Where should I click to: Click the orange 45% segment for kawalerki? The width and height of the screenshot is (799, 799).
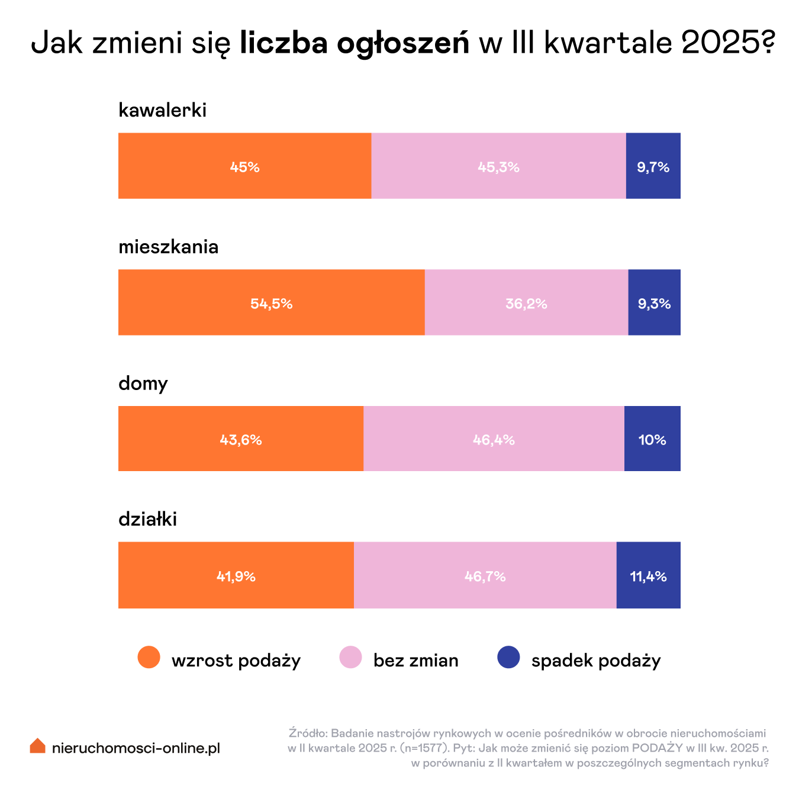pyautogui.click(x=244, y=166)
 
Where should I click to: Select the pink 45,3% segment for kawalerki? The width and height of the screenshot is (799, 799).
pyautogui.click(x=498, y=166)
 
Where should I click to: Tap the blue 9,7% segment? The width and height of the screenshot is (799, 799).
pyautogui.click(x=653, y=166)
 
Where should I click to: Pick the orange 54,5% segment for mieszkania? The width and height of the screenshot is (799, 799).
pyautogui.click(x=271, y=302)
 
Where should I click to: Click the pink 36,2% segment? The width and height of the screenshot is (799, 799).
pyautogui.click(x=526, y=302)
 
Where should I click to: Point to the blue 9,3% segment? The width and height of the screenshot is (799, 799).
pyautogui.click(x=654, y=302)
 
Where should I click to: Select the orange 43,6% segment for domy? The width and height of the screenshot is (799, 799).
pyautogui.click(x=240, y=439)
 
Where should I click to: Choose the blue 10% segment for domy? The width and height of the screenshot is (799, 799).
pyautogui.click(x=652, y=439)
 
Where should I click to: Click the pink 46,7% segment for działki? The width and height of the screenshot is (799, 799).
pyautogui.click(x=485, y=575)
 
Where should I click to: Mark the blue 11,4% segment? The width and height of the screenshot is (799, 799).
pyautogui.click(x=648, y=575)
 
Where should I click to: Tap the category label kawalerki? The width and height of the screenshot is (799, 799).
pyautogui.click(x=162, y=110)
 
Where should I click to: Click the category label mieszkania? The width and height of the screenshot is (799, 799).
pyautogui.click(x=168, y=247)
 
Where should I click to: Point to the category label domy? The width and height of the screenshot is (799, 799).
pyautogui.click(x=143, y=384)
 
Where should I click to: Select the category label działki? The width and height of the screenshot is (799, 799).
pyautogui.click(x=147, y=519)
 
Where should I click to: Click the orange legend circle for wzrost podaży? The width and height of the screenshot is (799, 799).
pyautogui.click(x=149, y=658)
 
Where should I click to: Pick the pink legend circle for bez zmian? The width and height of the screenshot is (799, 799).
pyautogui.click(x=350, y=658)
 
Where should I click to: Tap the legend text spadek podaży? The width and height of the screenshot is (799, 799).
pyautogui.click(x=595, y=661)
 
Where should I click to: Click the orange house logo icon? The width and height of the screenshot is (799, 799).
pyautogui.click(x=37, y=746)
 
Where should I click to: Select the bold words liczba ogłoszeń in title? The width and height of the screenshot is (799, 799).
pyautogui.click(x=355, y=43)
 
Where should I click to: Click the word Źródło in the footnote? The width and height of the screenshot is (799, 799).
pyautogui.click(x=307, y=733)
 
